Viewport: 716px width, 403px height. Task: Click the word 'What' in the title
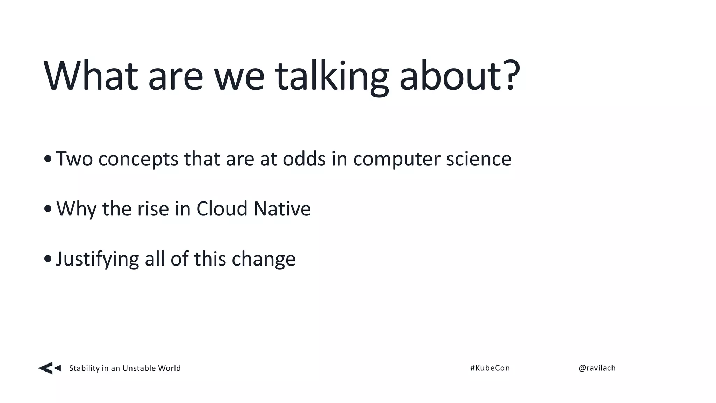90,76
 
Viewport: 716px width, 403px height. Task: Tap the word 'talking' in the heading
331,76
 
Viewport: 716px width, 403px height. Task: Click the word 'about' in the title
451,76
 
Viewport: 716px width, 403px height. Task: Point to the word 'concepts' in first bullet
138,160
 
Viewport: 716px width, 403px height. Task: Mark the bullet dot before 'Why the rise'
48,209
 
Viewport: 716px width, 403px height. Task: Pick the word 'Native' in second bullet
282,208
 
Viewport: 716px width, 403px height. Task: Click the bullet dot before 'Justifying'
48,259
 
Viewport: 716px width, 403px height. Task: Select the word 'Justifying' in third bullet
97,259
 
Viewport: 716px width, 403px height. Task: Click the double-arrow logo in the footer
49,368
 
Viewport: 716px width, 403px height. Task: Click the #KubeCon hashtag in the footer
490,368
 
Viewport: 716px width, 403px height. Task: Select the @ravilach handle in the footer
597,368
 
